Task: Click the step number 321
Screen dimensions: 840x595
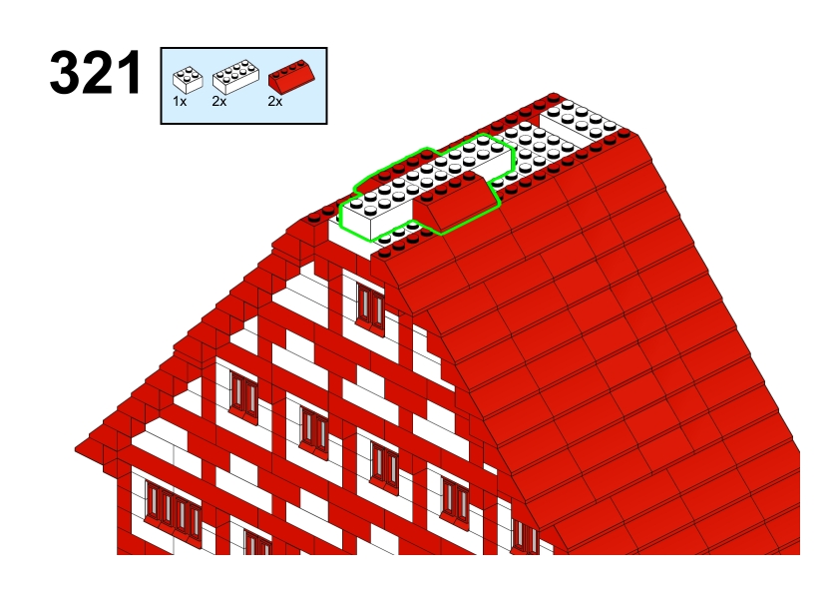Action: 96,72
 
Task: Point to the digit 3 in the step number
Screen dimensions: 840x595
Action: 64,72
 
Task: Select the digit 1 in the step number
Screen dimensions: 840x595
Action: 130,72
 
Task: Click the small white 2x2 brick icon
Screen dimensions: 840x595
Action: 188,80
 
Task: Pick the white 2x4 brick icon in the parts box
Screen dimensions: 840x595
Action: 235,77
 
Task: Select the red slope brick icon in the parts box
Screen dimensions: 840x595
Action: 291,77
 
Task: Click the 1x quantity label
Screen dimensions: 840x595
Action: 180,101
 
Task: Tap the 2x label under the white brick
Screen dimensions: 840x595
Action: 219,101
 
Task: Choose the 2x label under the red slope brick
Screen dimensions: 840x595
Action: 274,101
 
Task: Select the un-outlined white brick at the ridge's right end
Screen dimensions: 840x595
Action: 582,122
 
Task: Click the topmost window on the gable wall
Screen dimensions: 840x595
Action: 370,305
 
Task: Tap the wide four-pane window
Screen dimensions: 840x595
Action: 173,508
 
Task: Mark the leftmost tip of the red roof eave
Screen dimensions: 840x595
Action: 76,448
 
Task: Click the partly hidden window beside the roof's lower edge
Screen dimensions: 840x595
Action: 525,536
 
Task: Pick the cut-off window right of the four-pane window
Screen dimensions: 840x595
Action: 257,542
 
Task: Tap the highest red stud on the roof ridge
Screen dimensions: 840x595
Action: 554,98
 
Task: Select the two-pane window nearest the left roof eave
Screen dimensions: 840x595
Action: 243,394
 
